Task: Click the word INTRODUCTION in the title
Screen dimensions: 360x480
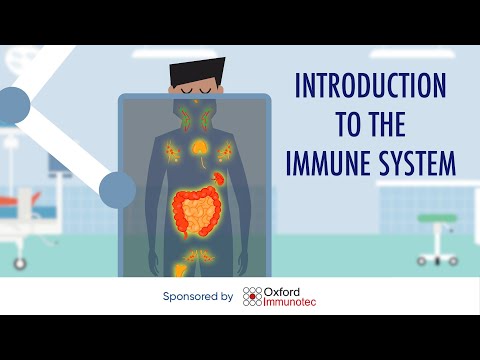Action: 369,87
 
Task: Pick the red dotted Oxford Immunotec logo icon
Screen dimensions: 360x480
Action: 253,296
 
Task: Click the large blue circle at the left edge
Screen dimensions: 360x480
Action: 11,103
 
